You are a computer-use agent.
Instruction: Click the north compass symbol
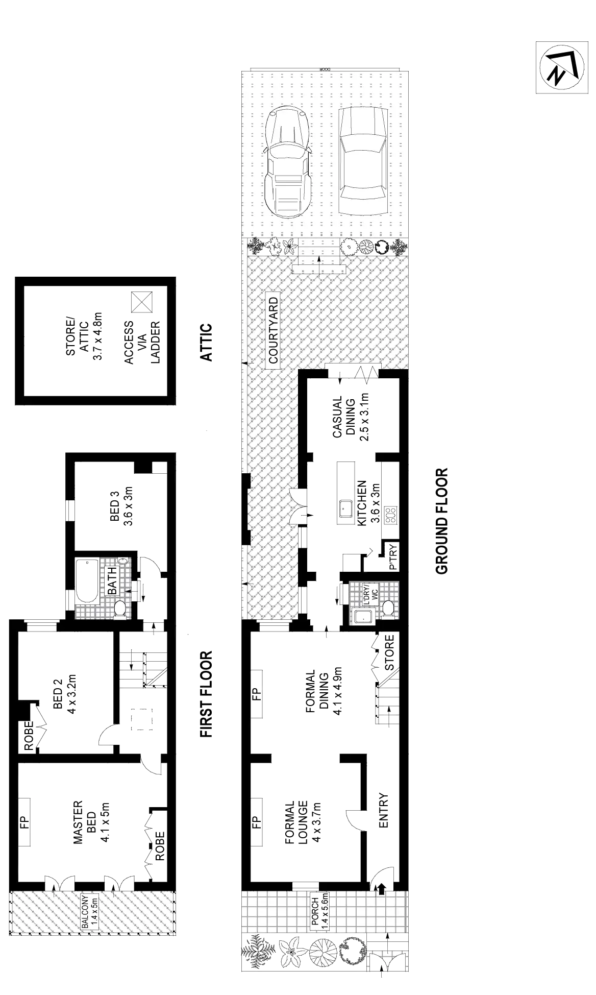(560, 67)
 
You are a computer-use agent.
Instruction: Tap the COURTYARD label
(274, 330)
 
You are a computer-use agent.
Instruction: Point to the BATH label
(112, 581)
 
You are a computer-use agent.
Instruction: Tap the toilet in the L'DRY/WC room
(387, 609)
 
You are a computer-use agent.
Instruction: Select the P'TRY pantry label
(393, 558)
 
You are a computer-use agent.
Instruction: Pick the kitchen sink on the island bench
(345, 508)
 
